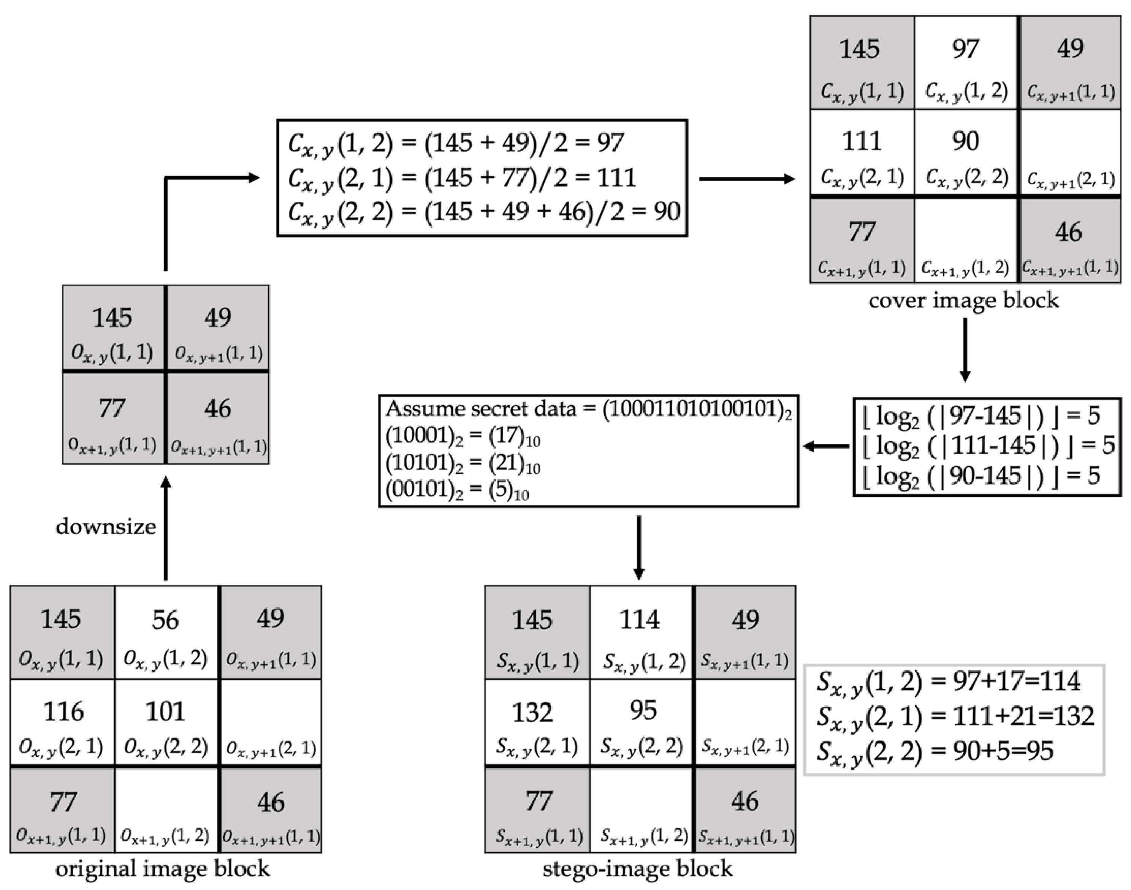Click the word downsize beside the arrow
[105, 527]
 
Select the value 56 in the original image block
[165, 620]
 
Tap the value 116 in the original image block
[63, 711]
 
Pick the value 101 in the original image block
[165, 711]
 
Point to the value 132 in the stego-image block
[532, 712]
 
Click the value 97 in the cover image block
[965, 49]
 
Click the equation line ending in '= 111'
[462, 178]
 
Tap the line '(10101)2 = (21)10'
[462, 463]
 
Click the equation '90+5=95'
[936, 751]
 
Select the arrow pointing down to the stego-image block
[639, 547]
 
